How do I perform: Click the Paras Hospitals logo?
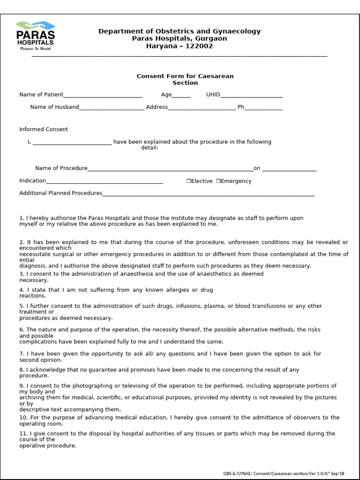click(x=35, y=36)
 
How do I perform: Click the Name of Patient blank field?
click(x=103, y=95)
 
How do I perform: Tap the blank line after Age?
click(x=181, y=95)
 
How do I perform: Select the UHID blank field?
click(x=251, y=95)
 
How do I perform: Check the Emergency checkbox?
click(x=218, y=181)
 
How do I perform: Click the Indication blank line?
click(x=105, y=181)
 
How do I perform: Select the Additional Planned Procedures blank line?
click(x=208, y=194)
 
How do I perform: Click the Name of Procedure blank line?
click(x=171, y=169)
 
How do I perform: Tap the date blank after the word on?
click(x=289, y=169)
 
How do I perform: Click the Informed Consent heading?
click(x=44, y=129)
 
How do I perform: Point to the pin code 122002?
click(x=199, y=46)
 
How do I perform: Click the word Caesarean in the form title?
click(x=216, y=76)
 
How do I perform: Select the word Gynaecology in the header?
click(x=237, y=31)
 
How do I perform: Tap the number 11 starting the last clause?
click(x=22, y=434)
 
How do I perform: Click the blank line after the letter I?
click(x=72, y=142)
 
